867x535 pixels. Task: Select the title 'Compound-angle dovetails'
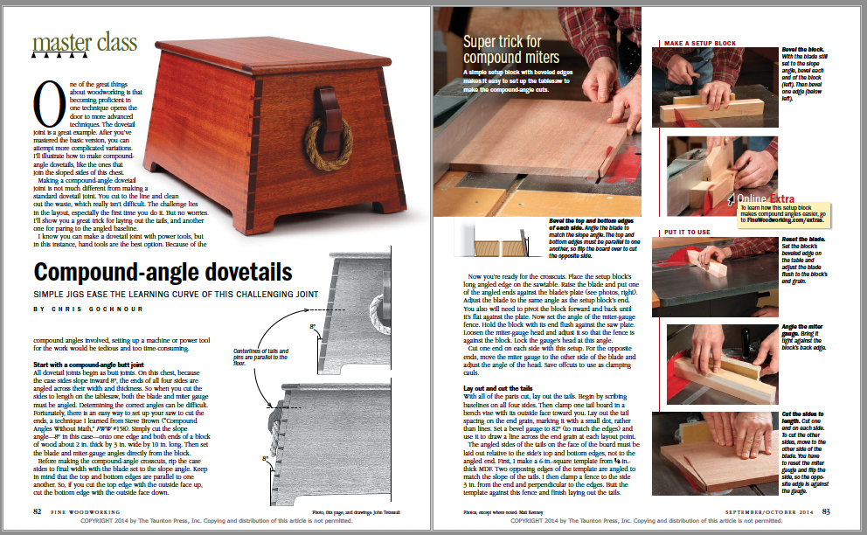(x=176, y=272)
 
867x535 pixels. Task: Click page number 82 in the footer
(x=37, y=511)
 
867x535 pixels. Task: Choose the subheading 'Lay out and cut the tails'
(x=497, y=386)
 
